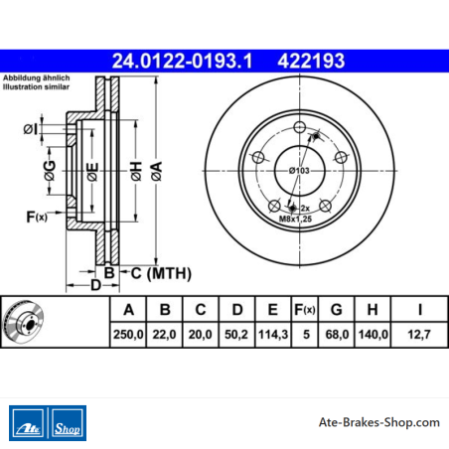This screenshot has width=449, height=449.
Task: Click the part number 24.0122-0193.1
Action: (182, 62)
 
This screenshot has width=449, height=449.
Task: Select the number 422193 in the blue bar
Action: (311, 62)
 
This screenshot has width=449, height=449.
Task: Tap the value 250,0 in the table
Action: (128, 335)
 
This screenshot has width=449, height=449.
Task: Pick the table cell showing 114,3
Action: (273, 335)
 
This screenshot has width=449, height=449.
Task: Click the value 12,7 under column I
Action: (419, 335)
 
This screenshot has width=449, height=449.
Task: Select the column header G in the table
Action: (337, 310)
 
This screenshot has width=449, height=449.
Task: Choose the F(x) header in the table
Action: (305, 310)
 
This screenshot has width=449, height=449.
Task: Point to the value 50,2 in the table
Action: (236, 335)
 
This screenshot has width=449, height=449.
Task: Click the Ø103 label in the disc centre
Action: (299, 171)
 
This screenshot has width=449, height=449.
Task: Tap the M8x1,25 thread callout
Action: (295, 219)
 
